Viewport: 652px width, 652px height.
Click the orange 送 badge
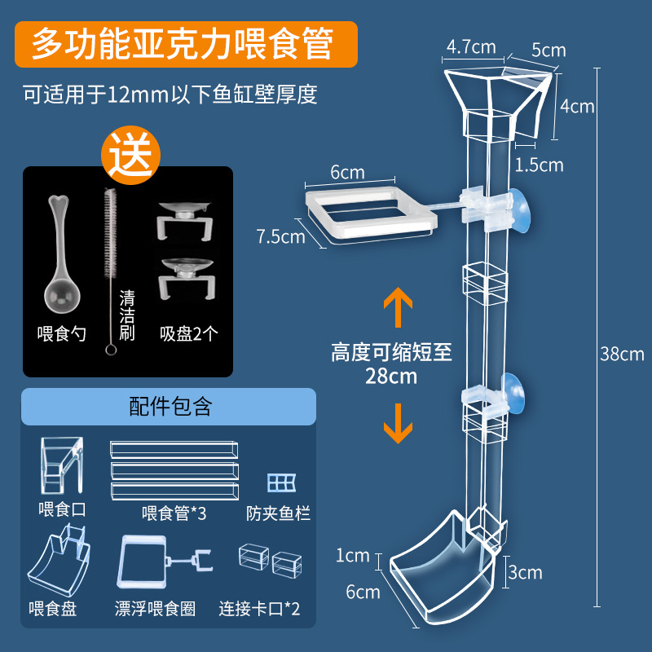131,154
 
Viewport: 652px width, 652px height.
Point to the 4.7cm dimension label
471,46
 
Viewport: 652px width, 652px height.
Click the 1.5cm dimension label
539,165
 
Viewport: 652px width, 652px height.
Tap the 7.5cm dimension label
280,237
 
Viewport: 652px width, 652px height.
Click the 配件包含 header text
170,407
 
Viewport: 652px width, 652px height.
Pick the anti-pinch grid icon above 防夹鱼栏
281,482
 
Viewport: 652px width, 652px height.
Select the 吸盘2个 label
188,334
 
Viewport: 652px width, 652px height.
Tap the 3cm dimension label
525,573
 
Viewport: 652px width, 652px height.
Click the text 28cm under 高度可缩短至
391,377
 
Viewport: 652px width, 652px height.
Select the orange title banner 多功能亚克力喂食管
183,44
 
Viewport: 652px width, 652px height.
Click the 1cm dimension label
353,556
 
